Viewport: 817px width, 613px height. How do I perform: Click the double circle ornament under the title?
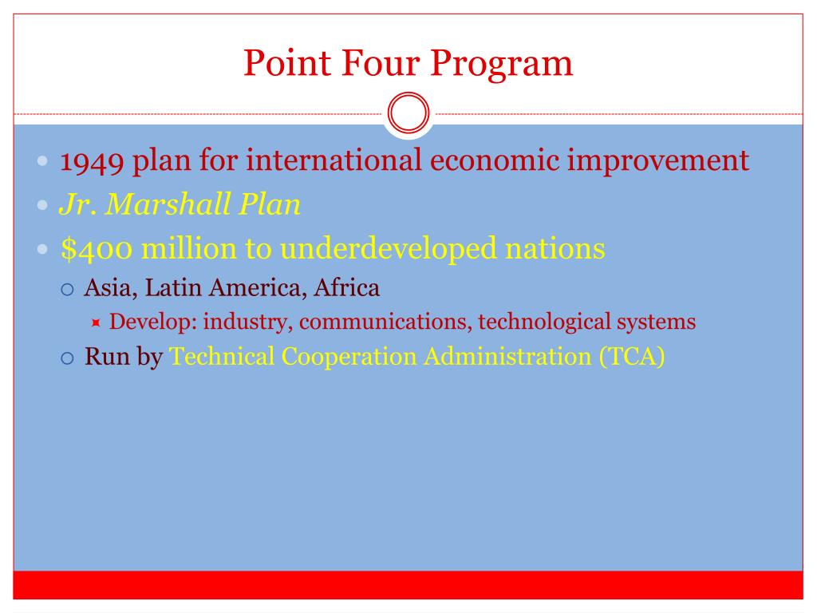click(x=408, y=115)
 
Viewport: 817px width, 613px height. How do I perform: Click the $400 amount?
click(x=92, y=249)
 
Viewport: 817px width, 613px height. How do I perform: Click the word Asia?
click(x=102, y=287)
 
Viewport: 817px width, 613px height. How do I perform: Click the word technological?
click(x=543, y=322)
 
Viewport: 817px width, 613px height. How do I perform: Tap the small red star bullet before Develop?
click(x=96, y=323)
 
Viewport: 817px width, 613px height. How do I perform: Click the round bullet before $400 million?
click(x=44, y=250)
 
